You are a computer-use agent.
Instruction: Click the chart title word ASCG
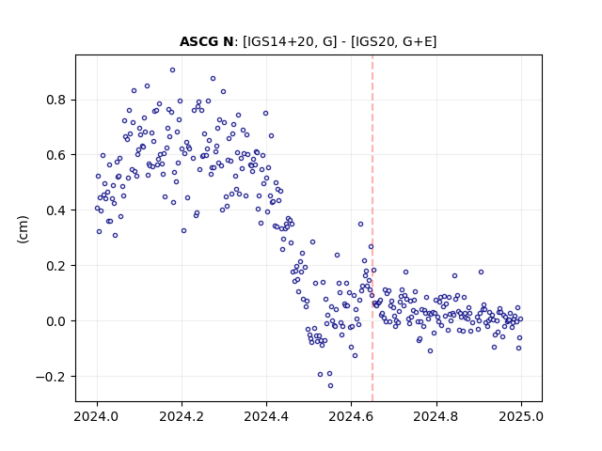point(199,41)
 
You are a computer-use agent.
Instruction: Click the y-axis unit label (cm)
point(24,229)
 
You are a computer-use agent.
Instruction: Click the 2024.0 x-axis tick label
point(97,416)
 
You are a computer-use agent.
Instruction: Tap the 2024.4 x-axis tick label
point(266,416)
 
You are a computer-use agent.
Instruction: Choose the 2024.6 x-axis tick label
point(351,416)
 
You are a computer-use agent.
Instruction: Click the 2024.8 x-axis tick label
point(436,416)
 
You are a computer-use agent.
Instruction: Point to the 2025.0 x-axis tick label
point(521,416)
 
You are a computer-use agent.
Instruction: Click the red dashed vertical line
point(372,228)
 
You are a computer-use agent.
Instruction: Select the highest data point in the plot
point(173,70)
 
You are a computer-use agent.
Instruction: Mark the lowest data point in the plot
point(330,386)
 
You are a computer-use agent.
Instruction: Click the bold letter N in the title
point(228,41)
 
